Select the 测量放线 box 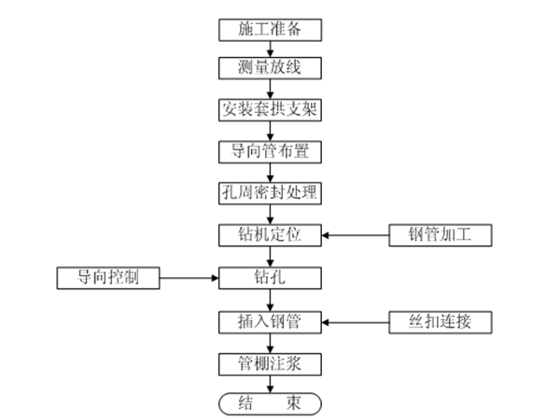[x=271, y=68]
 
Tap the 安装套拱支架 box [x=271, y=109]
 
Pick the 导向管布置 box [x=271, y=150]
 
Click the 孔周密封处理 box [x=271, y=193]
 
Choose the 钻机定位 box [x=271, y=233]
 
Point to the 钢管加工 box [x=440, y=233]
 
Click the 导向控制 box [x=107, y=277]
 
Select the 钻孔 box [x=271, y=277]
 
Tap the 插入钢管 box [x=271, y=322]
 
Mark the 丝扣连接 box [x=440, y=322]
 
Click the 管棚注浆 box [x=271, y=363]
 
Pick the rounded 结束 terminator [x=271, y=402]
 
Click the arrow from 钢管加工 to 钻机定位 [x=356, y=233]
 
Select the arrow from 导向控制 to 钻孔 [x=189, y=277]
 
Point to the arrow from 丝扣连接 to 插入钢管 [x=356, y=322]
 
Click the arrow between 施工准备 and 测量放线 [x=271, y=49]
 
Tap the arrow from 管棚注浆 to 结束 [x=271, y=383]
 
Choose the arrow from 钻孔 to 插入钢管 [x=271, y=300]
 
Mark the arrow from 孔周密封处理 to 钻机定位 [x=271, y=214]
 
